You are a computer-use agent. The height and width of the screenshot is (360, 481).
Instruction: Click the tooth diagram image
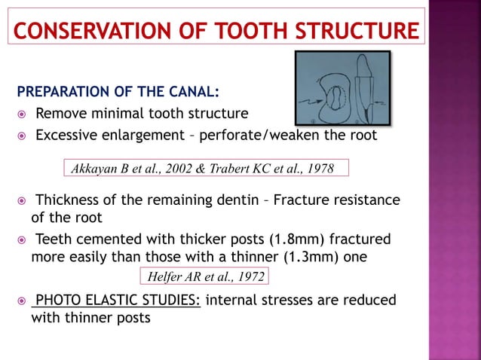(x=342, y=87)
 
